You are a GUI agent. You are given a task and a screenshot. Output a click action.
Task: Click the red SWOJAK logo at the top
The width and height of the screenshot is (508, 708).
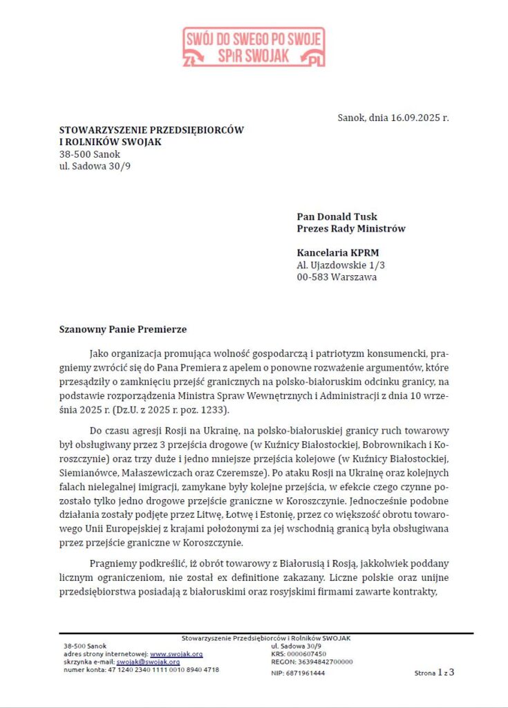coord(254,46)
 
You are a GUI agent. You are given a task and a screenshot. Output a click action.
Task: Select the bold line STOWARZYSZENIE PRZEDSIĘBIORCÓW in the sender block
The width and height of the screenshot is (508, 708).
coord(151,129)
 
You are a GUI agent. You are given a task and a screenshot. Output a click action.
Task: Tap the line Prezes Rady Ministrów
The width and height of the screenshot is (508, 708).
coord(350,228)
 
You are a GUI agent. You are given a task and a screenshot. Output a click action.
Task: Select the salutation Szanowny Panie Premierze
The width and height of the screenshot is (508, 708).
coord(123,328)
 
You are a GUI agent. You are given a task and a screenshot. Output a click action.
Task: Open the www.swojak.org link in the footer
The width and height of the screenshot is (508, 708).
coord(176,653)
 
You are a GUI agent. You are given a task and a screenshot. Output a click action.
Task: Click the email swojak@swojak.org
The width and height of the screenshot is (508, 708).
coord(152,662)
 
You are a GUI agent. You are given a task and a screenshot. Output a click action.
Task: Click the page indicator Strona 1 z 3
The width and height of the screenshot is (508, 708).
coord(434,671)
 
